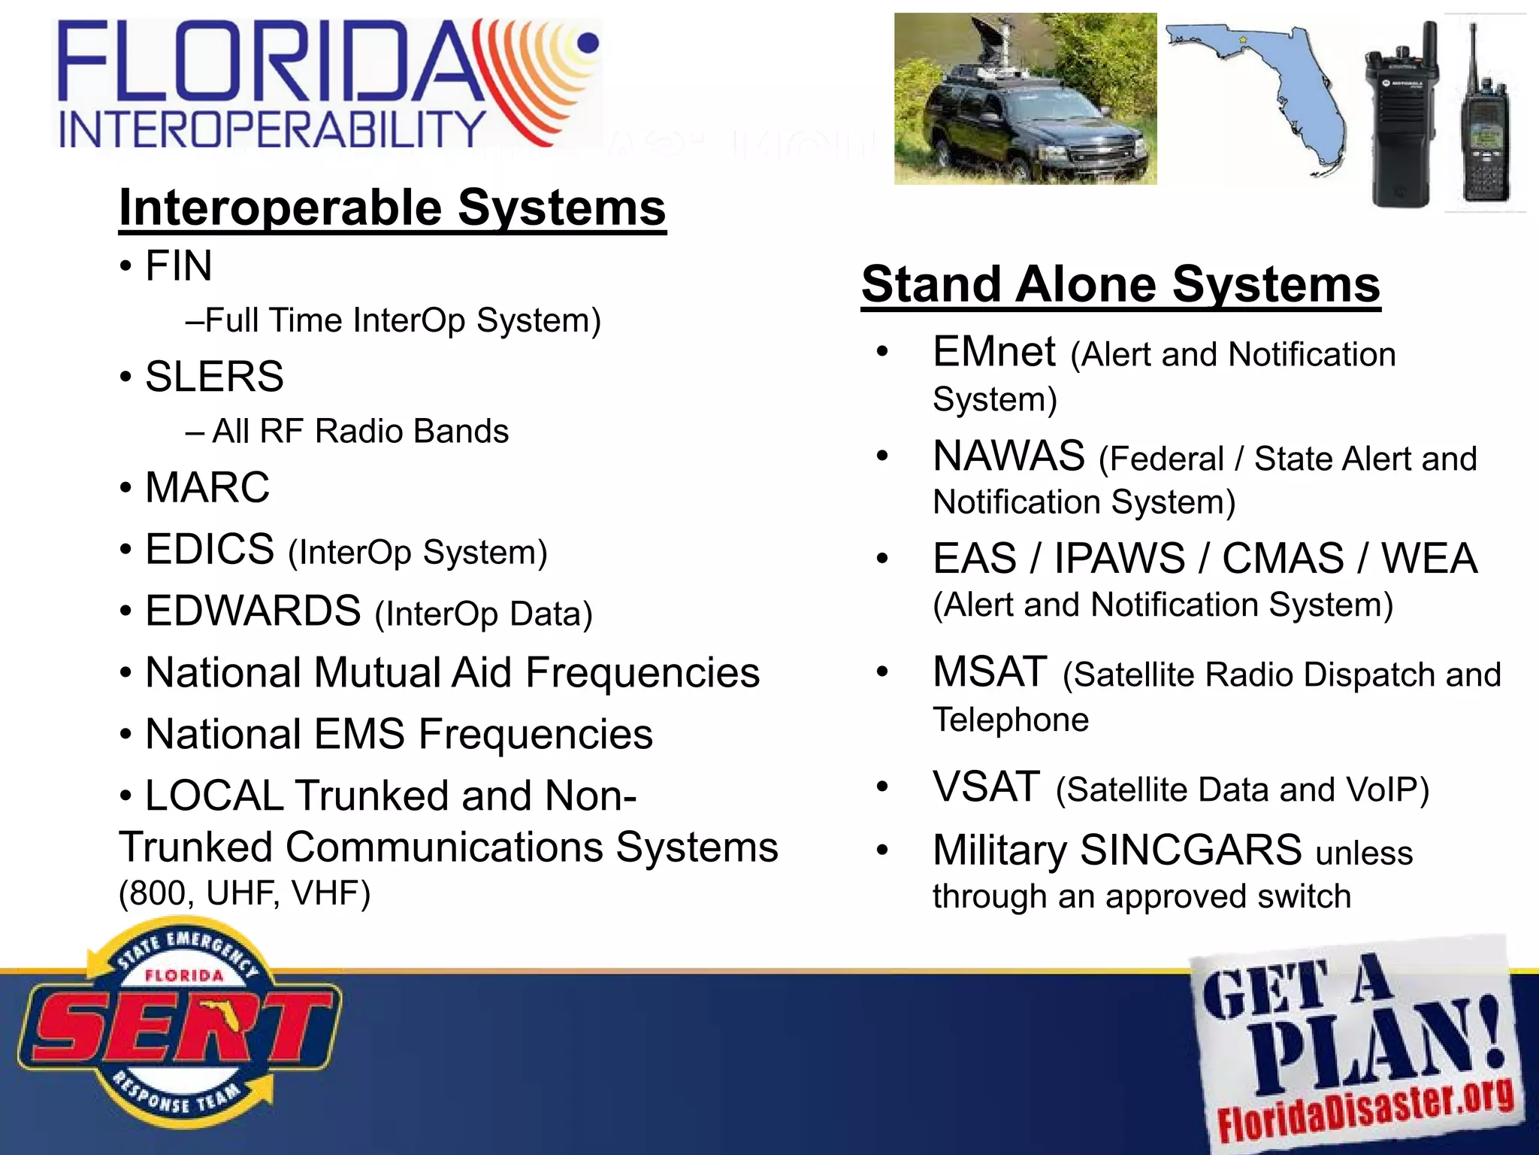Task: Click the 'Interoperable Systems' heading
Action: [392, 208]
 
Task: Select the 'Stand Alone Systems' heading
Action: [1120, 284]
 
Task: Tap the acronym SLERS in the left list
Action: [214, 376]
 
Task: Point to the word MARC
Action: [207, 487]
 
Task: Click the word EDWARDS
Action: [253, 610]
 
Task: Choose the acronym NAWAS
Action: [1008, 456]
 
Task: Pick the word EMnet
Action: [994, 351]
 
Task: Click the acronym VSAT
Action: [987, 787]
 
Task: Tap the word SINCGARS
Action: [1191, 850]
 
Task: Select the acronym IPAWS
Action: [1120, 559]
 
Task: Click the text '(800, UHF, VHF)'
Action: [245, 893]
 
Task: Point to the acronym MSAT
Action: [990, 671]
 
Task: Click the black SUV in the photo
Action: [1022, 128]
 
